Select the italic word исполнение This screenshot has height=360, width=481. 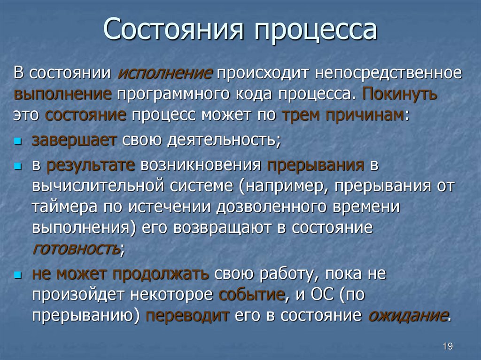(165, 73)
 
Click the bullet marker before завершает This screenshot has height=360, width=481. (18, 141)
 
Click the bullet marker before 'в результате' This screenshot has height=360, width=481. (18, 167)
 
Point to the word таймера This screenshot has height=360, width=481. (61, 207)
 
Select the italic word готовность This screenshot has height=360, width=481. (76, 248)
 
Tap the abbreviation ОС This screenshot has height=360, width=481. (321, 295)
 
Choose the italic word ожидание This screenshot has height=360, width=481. (407, 315)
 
